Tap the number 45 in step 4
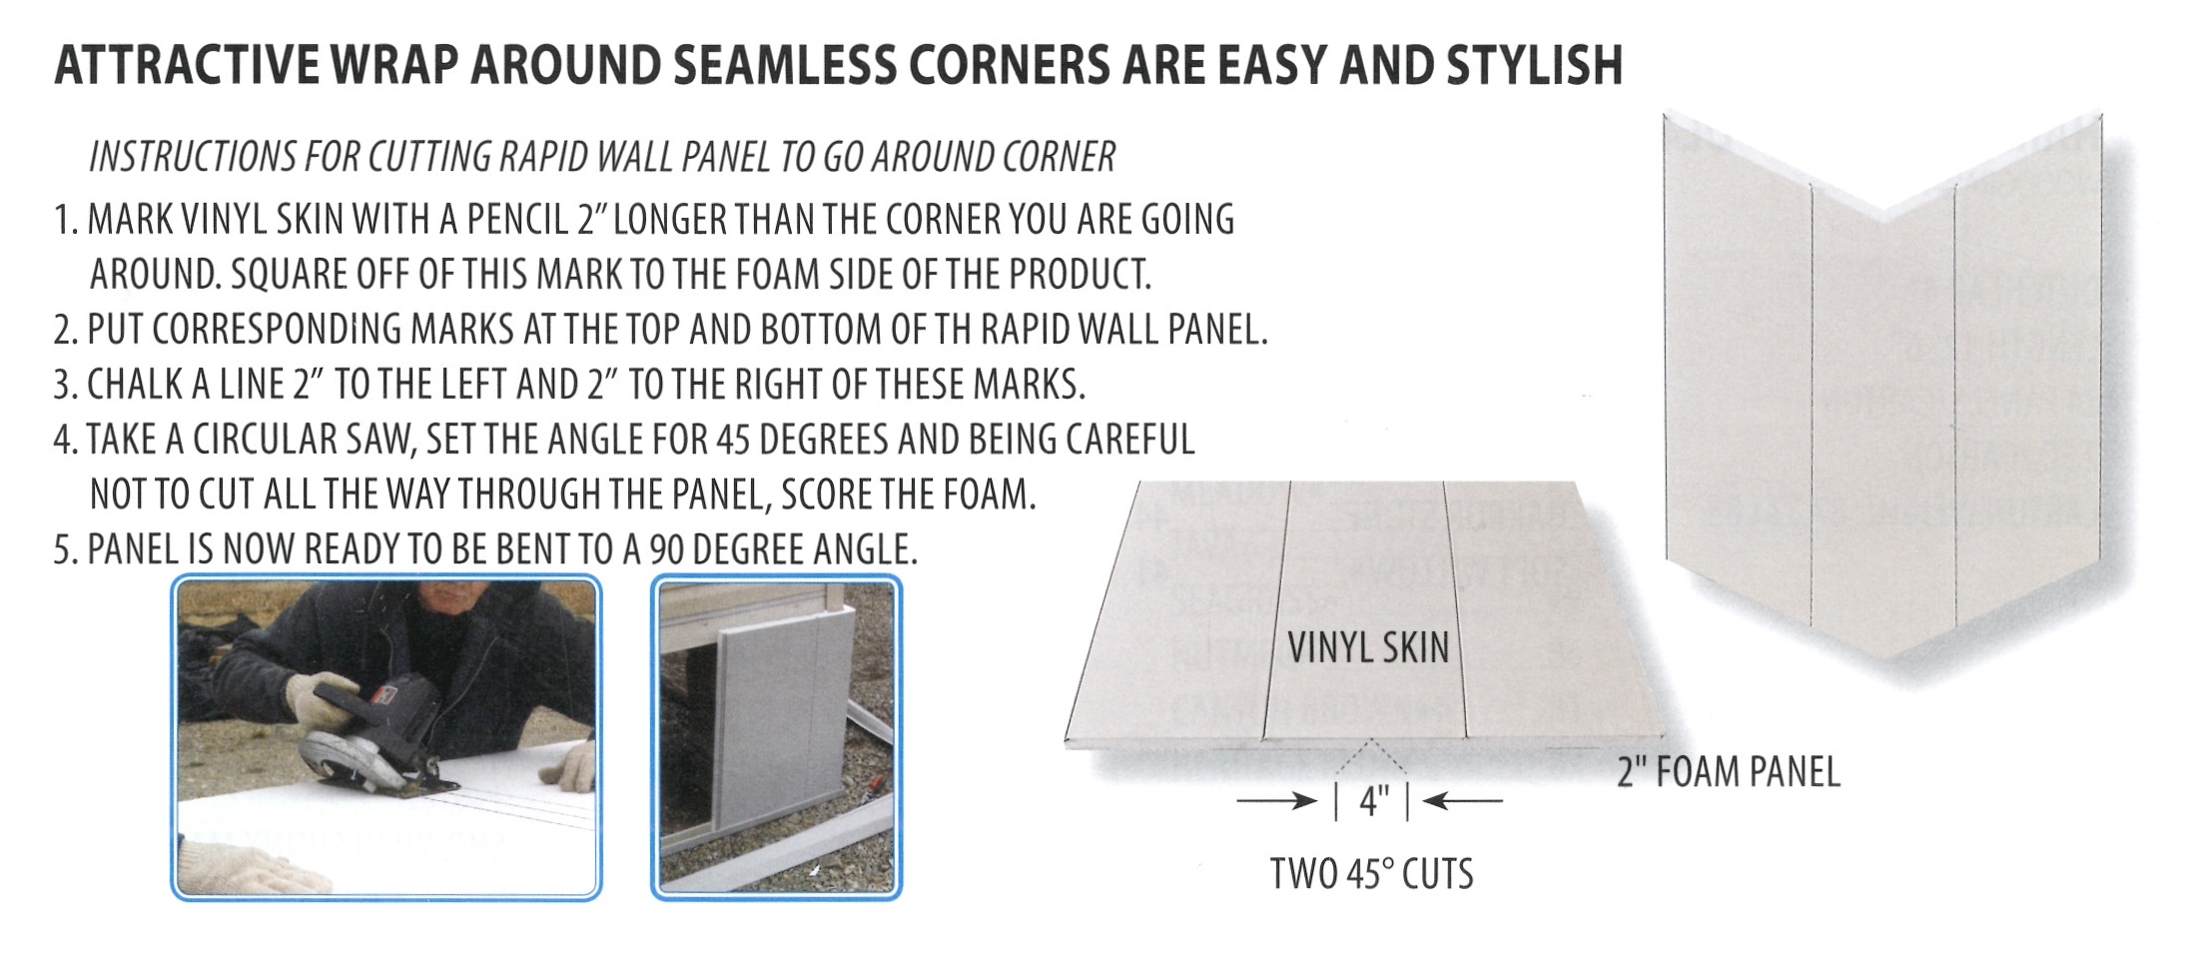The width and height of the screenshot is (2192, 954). click(x=732, y=440)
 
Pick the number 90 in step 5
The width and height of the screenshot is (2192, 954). click(x=666, y=549)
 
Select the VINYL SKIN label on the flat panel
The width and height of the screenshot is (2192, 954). click(x=1367, y=648)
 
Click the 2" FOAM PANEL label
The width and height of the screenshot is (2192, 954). click(x=1729, y=772)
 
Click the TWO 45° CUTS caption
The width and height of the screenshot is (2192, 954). click(x=1371, y=874)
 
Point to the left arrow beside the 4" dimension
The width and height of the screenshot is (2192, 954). click(x=1277, y=800)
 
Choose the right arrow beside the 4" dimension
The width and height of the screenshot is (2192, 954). click(x=1462, y=800)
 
